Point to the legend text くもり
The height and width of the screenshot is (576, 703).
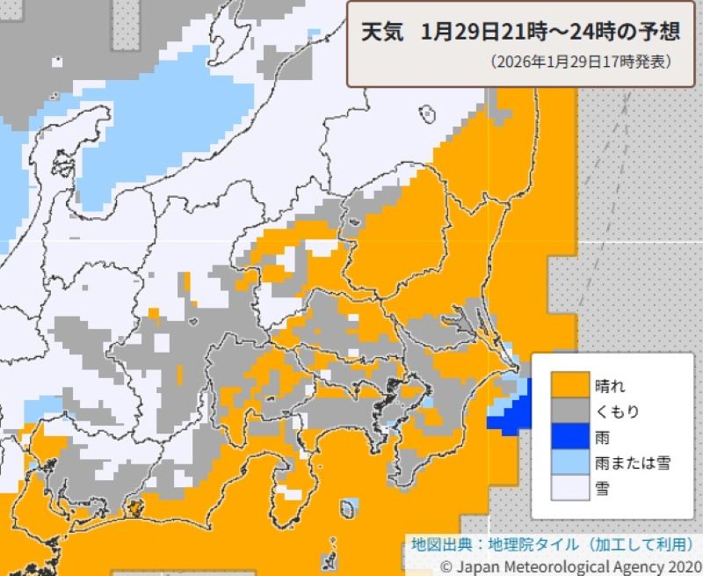[x=616, y=411]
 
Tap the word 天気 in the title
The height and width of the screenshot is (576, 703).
[x=382, y=33]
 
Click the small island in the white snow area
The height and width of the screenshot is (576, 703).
[x=428, y=113]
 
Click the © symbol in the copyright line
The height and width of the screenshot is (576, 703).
[x=446, y=566]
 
